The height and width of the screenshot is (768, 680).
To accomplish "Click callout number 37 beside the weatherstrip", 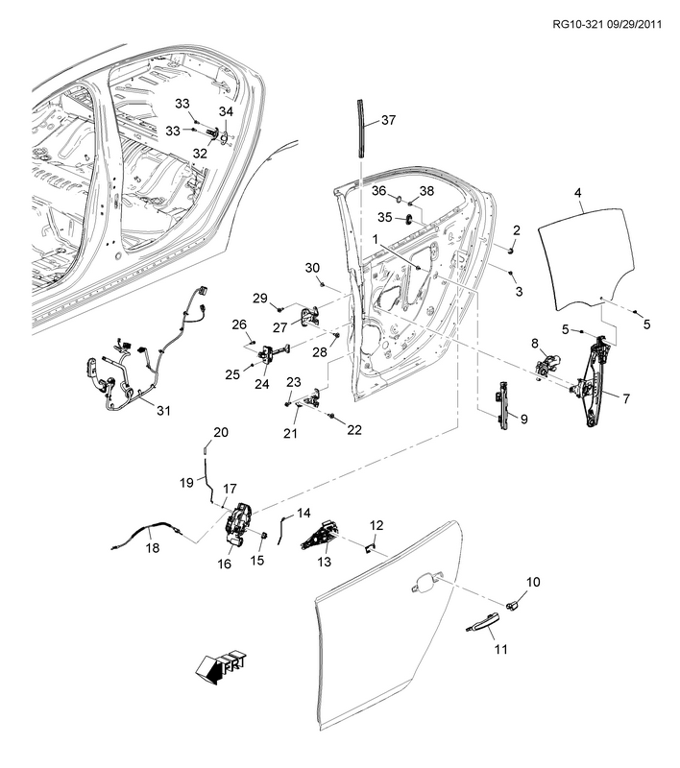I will coord(388,121).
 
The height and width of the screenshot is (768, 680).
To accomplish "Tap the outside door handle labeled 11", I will coord(479,626).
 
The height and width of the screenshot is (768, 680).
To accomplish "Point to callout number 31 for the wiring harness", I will coord(163,411).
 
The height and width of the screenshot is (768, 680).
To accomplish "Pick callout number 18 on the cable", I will coord(152,549).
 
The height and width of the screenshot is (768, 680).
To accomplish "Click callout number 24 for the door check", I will coord(262,384).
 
